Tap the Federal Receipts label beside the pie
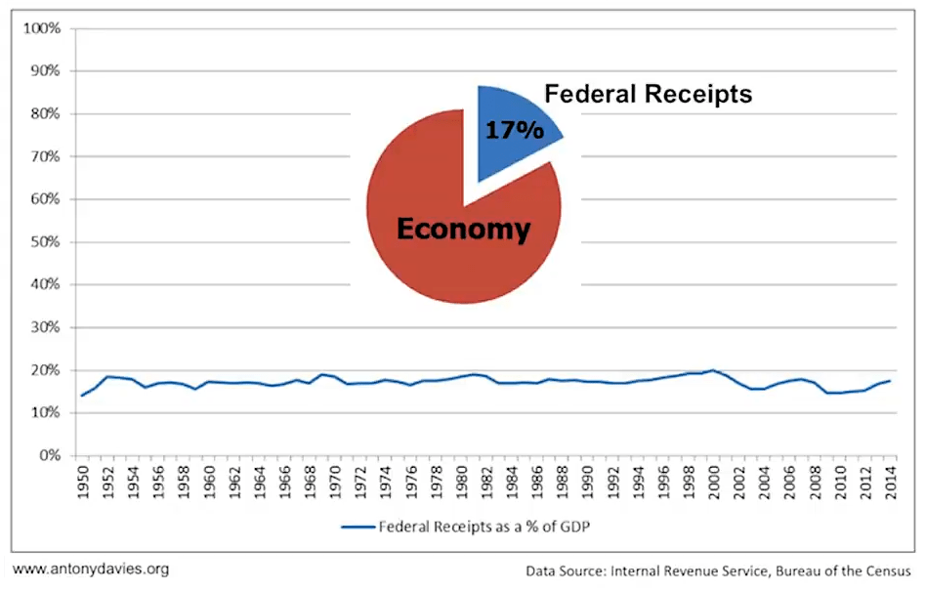point(648,94)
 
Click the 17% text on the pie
point(514,131)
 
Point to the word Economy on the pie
point(462,230)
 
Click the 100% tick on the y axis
point(41,28)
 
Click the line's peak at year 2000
point(714,370)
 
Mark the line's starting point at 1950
point(81,396)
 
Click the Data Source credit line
point(718,571)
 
